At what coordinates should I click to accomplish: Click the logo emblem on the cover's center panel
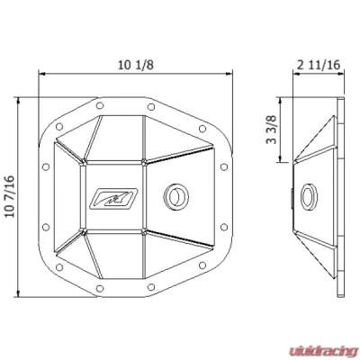tap(105, 194)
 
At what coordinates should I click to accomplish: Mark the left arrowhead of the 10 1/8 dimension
tap(40, 75)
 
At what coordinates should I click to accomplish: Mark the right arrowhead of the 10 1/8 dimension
tap(236, 75)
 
